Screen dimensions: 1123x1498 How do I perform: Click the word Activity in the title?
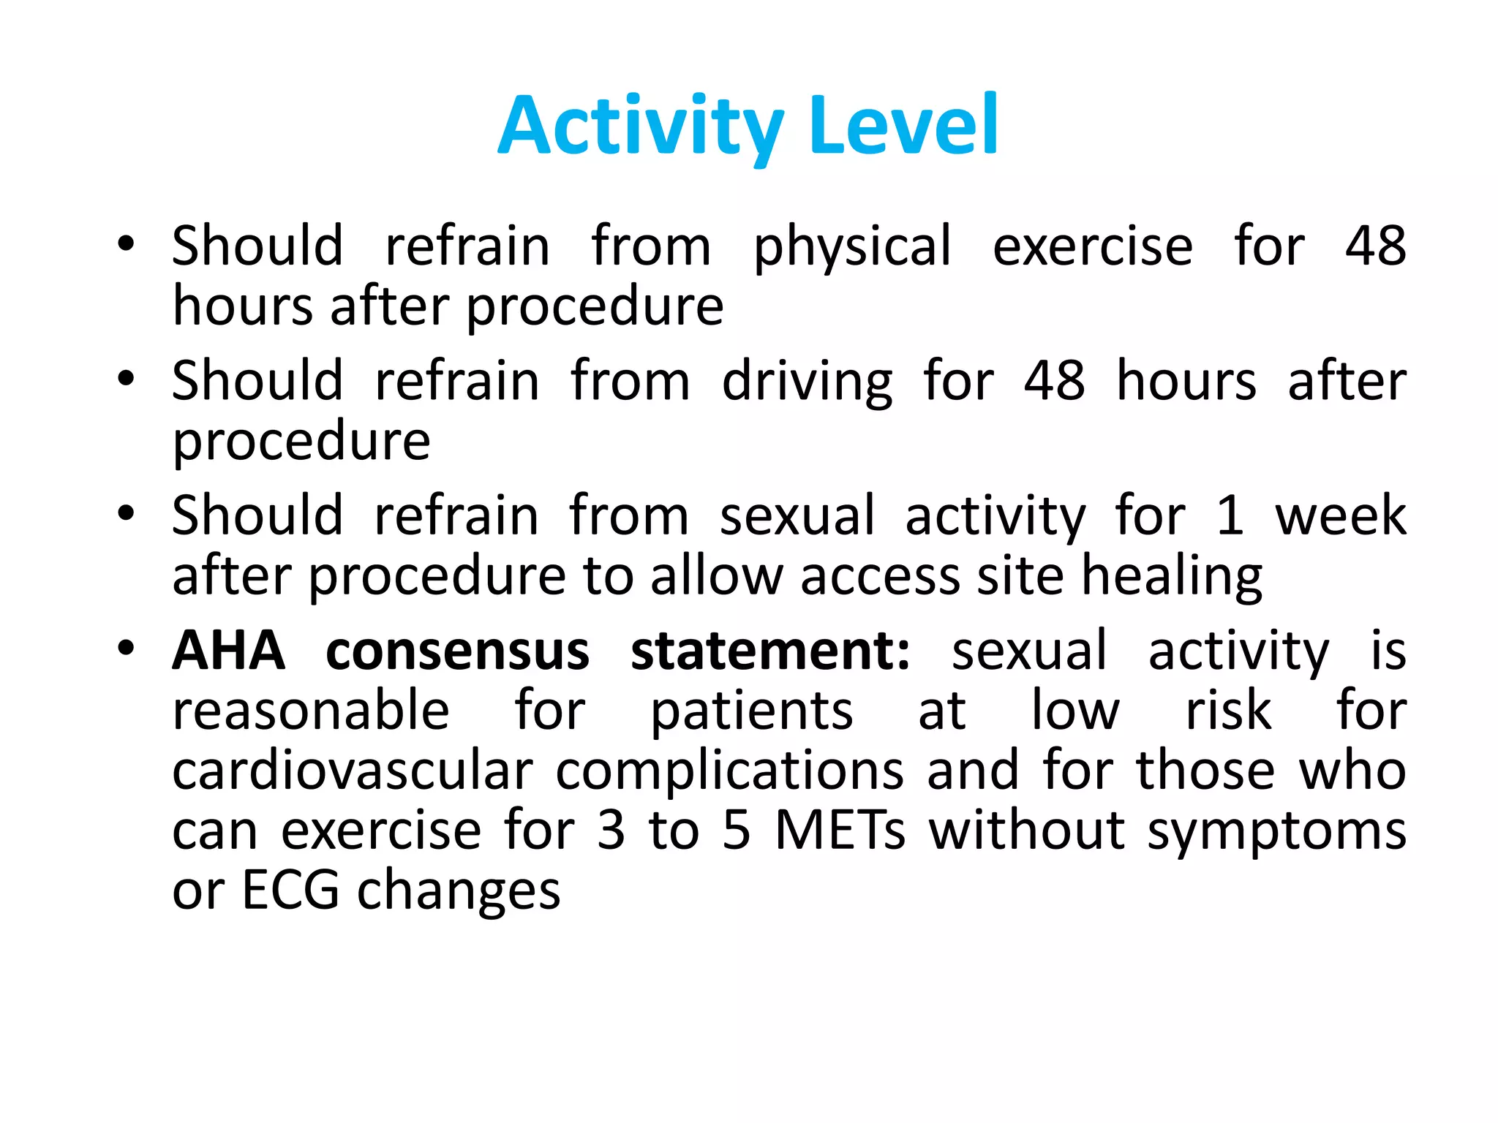641,127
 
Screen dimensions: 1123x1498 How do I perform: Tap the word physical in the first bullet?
852,247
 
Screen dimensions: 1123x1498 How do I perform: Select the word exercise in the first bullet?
1092,246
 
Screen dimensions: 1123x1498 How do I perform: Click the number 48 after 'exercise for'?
1375,246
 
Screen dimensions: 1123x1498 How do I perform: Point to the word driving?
807,382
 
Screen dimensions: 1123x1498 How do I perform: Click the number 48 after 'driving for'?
1053,381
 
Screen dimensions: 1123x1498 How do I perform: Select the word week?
1340,515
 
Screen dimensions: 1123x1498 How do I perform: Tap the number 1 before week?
1230,515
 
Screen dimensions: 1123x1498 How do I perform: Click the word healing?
1171,578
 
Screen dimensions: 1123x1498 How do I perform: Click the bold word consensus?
457,651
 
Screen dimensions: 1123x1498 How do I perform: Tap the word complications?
729,772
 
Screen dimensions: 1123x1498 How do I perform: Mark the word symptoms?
1276,832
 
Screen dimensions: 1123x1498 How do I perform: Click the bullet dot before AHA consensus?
126,648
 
